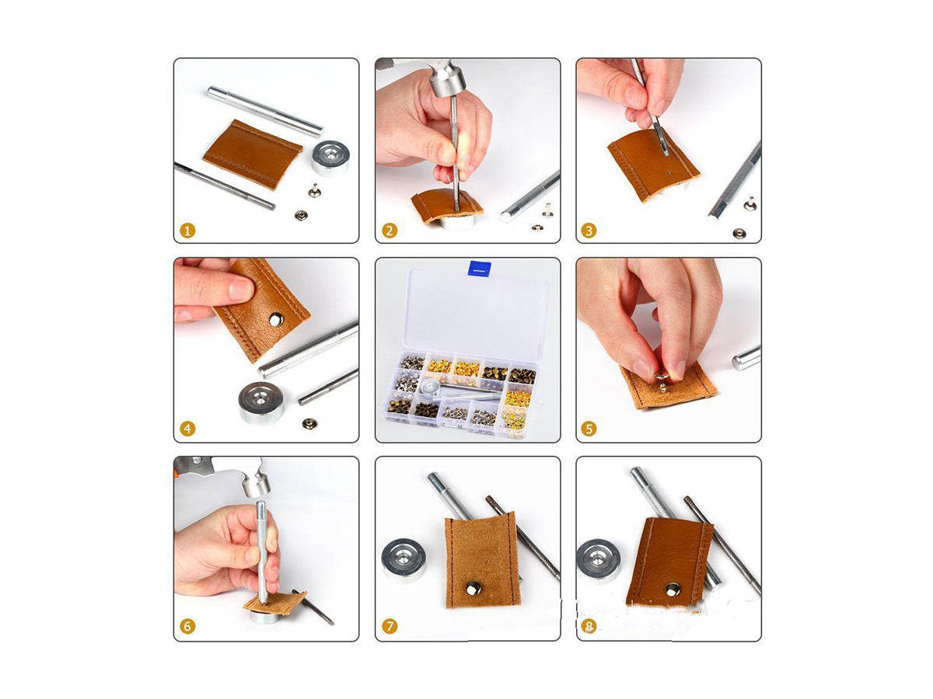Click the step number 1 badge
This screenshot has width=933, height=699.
187,231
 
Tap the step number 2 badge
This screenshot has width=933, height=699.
390,231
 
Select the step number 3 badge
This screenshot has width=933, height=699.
589,231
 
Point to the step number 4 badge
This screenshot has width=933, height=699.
187,429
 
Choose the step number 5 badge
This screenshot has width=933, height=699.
589,429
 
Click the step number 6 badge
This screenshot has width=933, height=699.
187,627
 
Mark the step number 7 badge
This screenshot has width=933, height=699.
390,627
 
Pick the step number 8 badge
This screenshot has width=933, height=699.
589,627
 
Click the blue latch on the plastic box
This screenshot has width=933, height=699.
479,269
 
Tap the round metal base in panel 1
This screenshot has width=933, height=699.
331,158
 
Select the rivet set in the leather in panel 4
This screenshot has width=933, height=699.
276,319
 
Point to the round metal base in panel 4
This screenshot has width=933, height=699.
260,403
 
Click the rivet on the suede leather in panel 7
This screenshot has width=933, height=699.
473,589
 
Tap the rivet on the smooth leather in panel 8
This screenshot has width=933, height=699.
673,589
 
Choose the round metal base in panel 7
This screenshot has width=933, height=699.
404,560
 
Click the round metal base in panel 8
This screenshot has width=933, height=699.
599,562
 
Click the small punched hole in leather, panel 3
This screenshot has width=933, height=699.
669,173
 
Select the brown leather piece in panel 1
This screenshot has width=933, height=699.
253,154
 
